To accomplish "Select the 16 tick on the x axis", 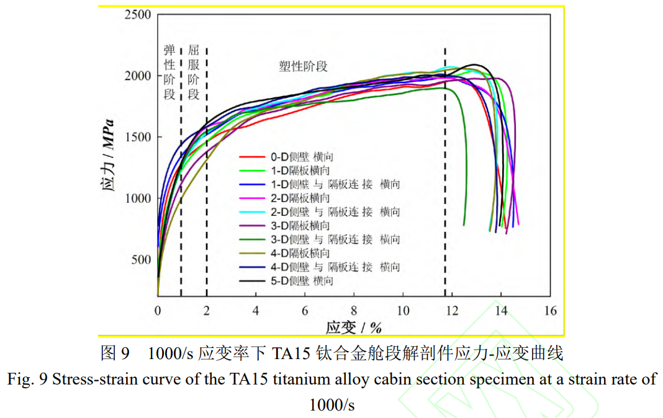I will pos(550,311).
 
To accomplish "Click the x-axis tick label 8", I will pos(354,311).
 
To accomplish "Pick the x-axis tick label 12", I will pos(452,311).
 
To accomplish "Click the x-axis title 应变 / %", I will pos(354,327).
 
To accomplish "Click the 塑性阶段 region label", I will pos(303,66).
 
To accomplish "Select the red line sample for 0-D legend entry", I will pos(253,158).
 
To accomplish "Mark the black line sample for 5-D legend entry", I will pos(253,281).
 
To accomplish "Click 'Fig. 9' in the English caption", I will pos(27,379).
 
